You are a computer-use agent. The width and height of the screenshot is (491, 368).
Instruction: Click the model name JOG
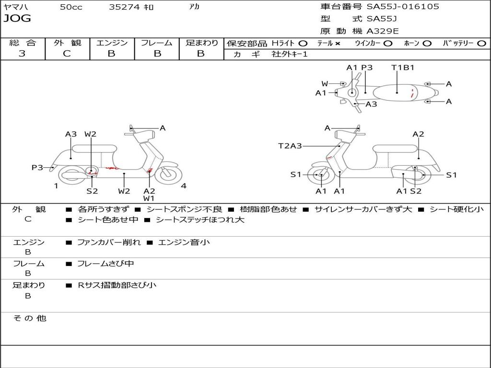click(17, 19)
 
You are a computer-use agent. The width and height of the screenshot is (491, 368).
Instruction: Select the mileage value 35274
click(124, 7)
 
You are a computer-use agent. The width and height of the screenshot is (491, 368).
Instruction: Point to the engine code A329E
click(383, 32)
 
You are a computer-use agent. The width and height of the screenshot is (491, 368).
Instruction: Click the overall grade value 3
click(22, 54)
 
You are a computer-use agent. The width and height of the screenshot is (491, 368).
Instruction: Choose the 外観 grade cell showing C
click(67, 54)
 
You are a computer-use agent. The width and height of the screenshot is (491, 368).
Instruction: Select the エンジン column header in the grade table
click(112, 43)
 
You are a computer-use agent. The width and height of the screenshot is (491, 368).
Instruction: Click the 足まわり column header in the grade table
click(201, 43)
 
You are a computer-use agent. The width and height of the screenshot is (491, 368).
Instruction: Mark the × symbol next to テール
click(338, 43)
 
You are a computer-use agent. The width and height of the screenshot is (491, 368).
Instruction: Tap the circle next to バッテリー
click(481, 43)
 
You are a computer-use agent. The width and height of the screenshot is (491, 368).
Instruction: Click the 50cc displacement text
click(71, 7)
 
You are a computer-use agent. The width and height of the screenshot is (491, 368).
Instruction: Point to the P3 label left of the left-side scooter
click(37, 167)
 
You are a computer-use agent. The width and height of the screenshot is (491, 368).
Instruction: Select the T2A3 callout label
click(290, 146)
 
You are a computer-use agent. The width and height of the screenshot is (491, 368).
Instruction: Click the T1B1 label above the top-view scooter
click(403, 68)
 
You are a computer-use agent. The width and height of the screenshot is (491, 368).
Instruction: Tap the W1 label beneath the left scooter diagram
click(149, 198)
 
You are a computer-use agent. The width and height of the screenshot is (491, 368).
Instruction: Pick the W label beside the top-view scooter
click(325, 84)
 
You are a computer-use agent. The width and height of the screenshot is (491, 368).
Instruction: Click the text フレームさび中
click(105, 264)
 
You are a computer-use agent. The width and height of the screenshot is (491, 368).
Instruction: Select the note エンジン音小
click(184, 242)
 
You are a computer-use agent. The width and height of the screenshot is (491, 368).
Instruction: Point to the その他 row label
click(30, 318)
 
